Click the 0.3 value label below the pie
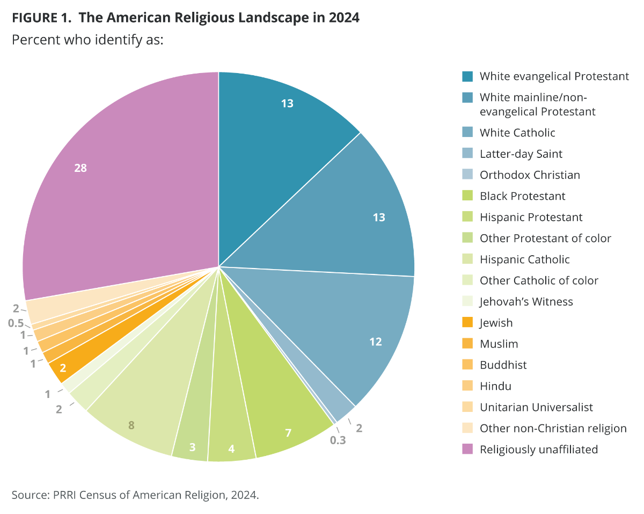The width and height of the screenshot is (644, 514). click(338, 440)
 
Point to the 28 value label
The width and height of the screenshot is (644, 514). click(80, 168)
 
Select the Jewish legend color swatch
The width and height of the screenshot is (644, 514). click(467, 323)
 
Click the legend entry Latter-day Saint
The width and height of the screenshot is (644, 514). click(521, 154)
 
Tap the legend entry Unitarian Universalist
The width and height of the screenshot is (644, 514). click(536, 408)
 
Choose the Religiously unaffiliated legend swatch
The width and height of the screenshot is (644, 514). click(467, 450)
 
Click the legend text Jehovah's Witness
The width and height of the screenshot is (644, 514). click(526, 302)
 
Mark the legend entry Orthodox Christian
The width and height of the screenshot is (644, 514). click(529, 175)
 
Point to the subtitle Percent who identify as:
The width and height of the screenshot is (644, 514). click(87, 40)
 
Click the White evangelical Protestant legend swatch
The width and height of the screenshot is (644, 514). click(467, 76)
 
